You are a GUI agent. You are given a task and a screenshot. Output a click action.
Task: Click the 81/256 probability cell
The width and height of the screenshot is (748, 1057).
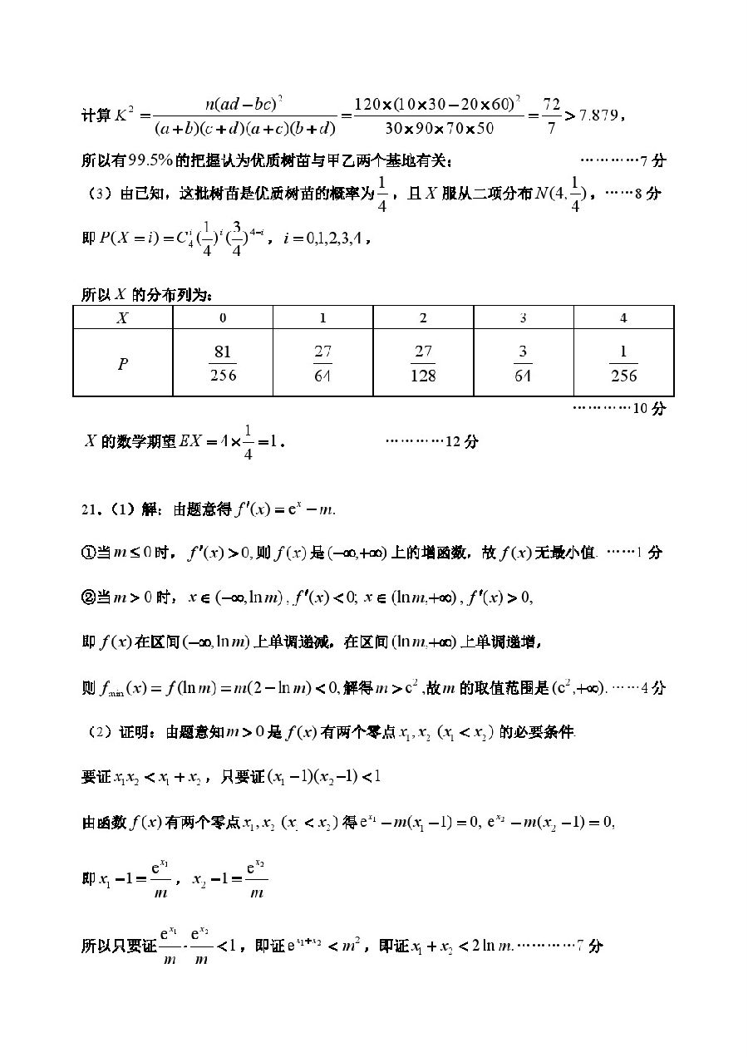223,363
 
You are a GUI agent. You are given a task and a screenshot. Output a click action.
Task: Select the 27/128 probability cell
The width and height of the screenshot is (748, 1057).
423,363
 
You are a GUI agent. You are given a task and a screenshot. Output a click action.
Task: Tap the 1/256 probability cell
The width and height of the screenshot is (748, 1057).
623,363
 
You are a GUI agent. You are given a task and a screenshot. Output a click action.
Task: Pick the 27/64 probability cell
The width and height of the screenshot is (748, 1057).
322,363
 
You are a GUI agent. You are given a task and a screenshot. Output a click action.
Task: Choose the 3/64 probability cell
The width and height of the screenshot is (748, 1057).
523,363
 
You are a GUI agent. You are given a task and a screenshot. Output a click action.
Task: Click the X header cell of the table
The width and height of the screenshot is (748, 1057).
122,317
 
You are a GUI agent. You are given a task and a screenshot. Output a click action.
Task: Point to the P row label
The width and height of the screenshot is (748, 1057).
122,363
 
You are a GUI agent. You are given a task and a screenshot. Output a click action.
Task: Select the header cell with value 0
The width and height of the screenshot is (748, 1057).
223,317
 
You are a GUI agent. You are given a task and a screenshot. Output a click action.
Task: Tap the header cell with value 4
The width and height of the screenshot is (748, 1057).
623,317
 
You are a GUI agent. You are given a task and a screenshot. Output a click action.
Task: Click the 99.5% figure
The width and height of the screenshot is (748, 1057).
127,159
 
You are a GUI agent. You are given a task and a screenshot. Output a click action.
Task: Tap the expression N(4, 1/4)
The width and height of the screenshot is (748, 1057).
561,194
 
